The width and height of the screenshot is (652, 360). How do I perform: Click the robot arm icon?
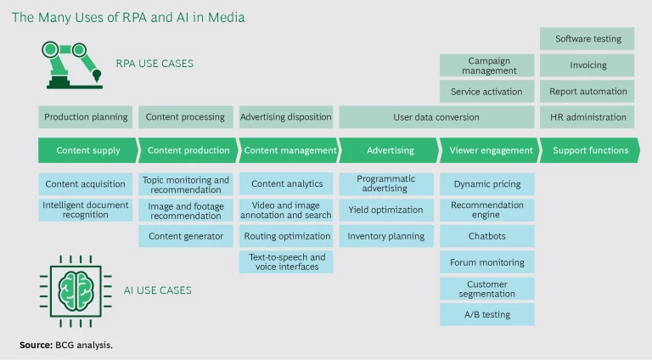click(73, 64)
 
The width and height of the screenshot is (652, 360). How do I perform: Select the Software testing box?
click(587, 39)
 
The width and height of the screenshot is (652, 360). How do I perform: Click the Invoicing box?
click(587, 65)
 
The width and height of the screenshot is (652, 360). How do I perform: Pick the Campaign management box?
click(487, 65)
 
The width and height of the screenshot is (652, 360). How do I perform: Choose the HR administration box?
click(587, 117)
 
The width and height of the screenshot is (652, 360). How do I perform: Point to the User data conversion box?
click(436, 117)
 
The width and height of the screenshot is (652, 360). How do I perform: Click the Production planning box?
click(86, 117)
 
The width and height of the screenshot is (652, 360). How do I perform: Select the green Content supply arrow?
click(87, 150)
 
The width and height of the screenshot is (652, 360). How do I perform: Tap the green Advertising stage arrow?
click(389, 150)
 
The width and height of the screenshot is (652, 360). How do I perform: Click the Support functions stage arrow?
click(590, 150)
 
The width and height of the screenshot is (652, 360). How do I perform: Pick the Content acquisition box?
click(86, 183)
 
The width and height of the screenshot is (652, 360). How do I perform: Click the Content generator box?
click(185, 236)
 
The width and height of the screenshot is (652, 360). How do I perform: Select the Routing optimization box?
click(287, 236)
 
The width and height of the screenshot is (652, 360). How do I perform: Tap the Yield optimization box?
click(385, 210)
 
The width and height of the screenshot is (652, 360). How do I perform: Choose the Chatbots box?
click(487, 236)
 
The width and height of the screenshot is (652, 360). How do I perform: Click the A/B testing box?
click(487, 314)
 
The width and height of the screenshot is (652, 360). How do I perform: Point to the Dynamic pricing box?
click(487, 183)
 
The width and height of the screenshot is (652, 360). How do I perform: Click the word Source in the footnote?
click(36, 345)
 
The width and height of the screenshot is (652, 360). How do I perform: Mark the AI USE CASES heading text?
click(154, 290)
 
